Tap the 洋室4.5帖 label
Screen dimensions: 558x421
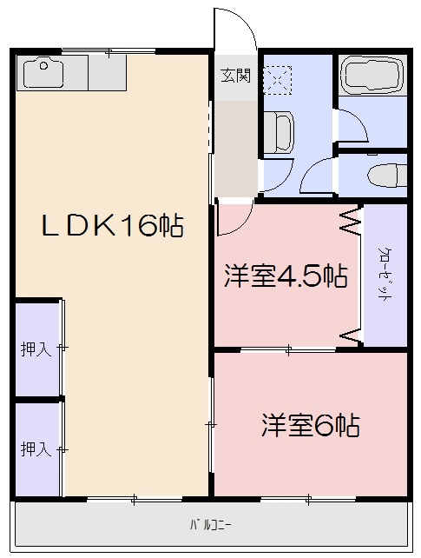point(286,277)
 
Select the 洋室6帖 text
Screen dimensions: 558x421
point(312,426)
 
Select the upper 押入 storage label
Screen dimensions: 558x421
point(35,350)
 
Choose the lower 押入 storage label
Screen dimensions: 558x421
point(35,449)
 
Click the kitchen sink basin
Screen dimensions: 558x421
point(44,73)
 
